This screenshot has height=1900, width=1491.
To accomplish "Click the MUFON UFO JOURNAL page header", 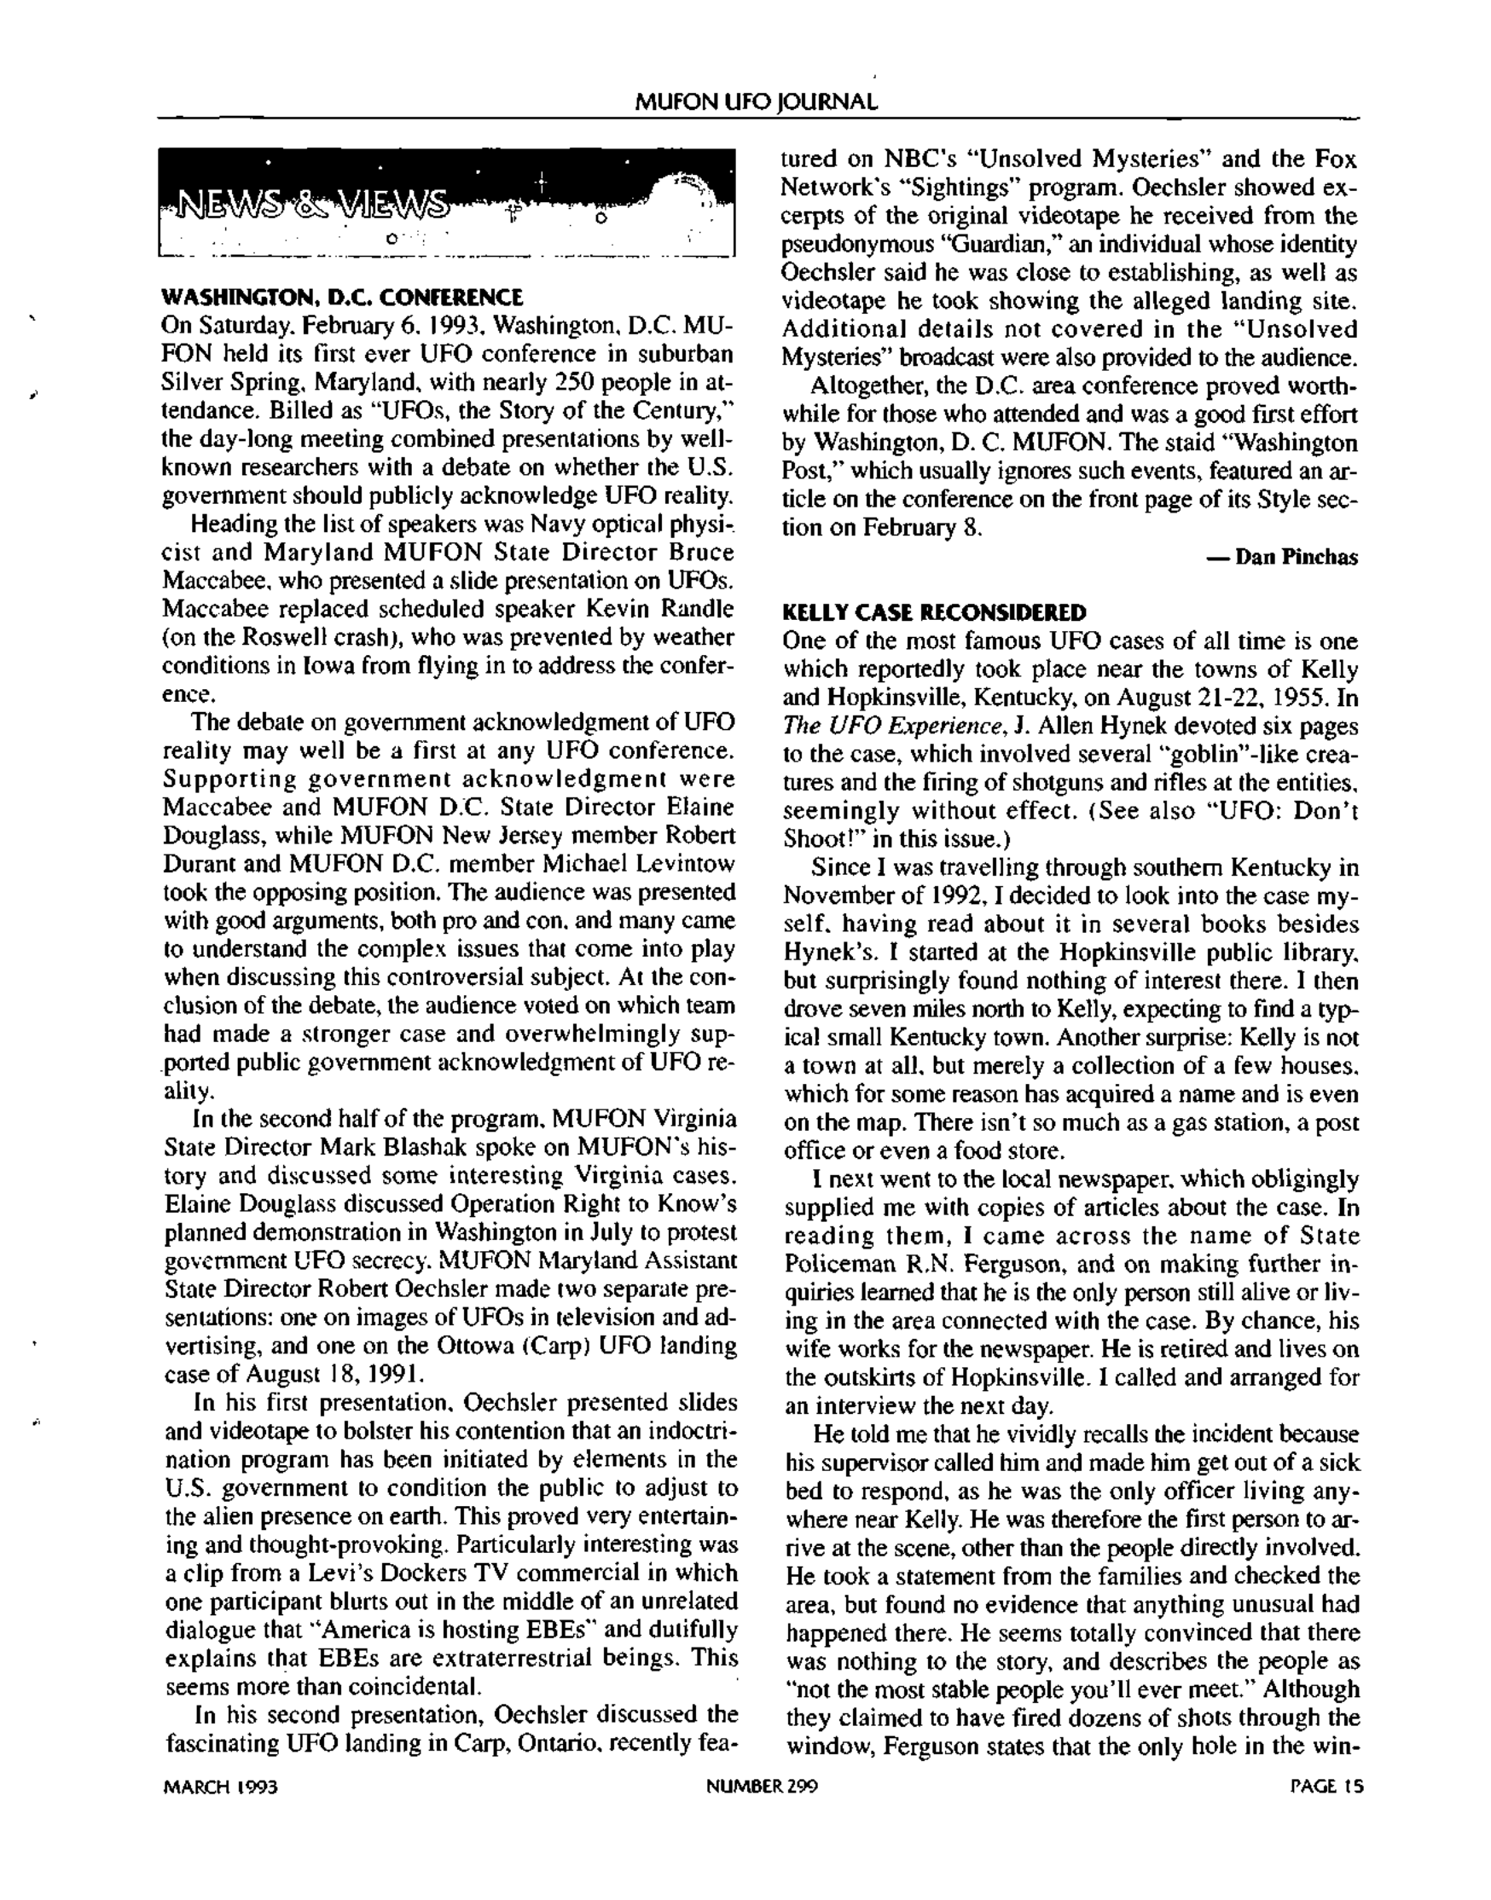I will point(756,102).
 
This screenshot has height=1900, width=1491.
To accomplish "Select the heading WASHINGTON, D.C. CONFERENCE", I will point(342,298).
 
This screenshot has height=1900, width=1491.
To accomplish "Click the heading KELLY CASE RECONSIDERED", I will point(935,611).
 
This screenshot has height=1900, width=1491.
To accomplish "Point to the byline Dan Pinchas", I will point(1297,558).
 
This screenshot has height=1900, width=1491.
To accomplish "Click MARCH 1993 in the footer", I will point(221,1787).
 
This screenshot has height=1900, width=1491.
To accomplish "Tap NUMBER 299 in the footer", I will point(761,1787).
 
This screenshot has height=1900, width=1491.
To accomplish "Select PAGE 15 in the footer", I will point(1326,1787).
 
